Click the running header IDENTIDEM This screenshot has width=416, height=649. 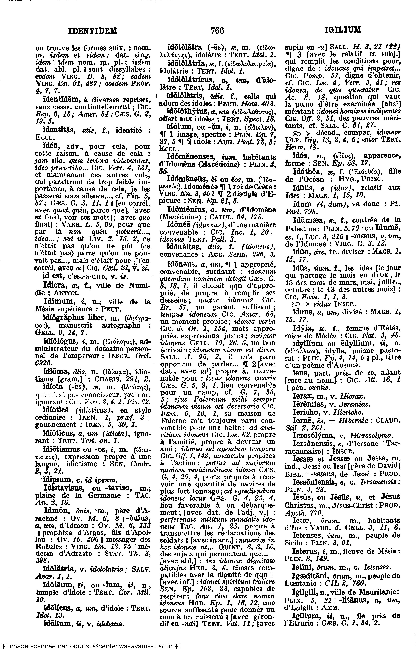pyautogui.click(x=93, y=31)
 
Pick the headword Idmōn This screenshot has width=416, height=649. pyautogui.click(x=54, y=511)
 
